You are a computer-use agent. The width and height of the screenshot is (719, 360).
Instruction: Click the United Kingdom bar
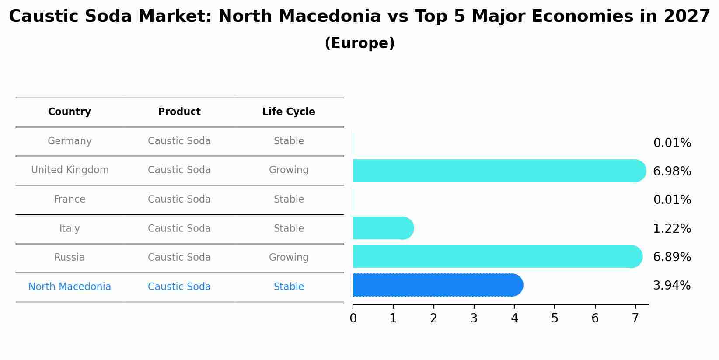click(499, 171)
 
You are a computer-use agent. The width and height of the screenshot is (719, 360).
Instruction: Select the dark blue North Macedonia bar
click(437, 285)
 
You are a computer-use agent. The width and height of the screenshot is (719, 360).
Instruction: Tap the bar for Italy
click(383, 228)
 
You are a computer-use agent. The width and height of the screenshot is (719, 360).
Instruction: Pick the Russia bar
click(497, 256)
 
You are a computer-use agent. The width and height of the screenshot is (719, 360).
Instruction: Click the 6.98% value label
click(672, 171)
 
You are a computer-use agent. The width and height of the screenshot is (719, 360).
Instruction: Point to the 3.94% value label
click(672, 286)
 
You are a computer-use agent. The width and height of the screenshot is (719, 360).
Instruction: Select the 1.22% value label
click(672, 229)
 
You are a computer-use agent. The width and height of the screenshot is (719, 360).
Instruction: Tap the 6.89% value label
click(672, 257)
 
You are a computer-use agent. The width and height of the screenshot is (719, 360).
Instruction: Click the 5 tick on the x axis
click(555, 318)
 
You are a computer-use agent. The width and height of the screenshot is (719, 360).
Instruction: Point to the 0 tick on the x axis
click(353, 318)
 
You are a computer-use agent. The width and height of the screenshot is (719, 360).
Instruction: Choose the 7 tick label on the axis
click(635, 318)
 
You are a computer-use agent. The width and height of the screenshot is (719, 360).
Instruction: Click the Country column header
click(70, 112)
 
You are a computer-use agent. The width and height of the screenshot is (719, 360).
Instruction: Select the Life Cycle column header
click(289, 112)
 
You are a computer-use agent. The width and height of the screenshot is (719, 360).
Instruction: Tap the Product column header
click(179, 112)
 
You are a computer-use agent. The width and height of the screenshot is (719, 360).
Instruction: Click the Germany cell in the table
click(70, 141)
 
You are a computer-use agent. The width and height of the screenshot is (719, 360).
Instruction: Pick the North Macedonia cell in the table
click(70, 287)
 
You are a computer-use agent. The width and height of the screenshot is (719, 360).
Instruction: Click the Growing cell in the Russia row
click(289, 258)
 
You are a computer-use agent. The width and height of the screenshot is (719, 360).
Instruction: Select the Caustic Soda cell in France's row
click(179, 199)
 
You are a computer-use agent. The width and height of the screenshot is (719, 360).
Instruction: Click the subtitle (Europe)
click(359, 43)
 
